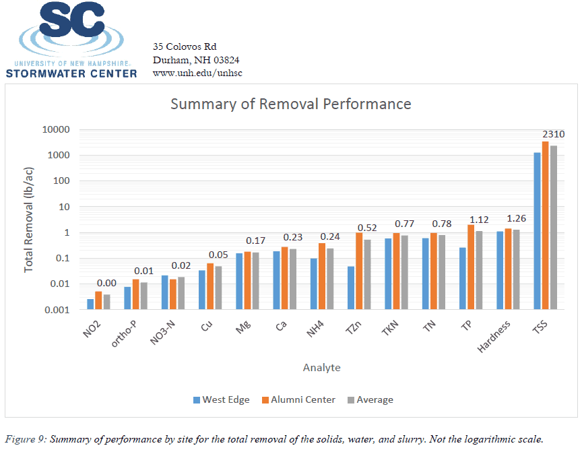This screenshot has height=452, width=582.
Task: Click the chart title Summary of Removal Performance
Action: point(290,104)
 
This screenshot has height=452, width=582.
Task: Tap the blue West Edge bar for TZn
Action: point(351,288)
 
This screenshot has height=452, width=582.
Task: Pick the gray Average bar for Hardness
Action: point(516,269)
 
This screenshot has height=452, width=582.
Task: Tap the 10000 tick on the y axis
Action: point(57,129)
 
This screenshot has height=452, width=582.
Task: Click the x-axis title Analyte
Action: point(321,368)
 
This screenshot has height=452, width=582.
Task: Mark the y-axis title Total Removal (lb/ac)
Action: point(29,220)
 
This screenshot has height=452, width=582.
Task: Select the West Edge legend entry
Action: point(221,399)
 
